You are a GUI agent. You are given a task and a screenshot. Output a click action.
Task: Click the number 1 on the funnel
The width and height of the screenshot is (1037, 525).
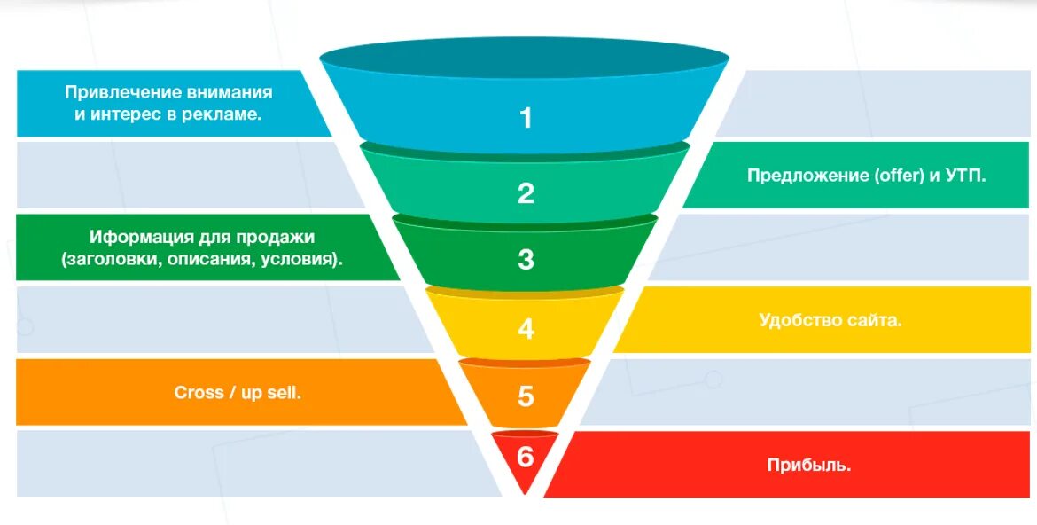[526, 118]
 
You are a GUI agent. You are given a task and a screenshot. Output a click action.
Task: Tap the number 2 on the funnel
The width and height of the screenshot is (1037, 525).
[526, 193]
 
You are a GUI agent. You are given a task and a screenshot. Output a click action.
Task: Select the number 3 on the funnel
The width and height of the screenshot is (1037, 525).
[526, 260]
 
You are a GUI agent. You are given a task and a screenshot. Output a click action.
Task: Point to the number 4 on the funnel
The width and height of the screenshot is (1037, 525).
[526, 329]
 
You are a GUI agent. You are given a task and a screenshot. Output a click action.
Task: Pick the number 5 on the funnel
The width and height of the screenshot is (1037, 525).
[526, 396]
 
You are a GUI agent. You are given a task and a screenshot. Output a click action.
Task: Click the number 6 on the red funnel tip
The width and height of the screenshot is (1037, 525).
[526, 457]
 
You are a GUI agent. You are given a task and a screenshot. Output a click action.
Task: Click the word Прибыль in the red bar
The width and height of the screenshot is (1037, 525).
[807, 465]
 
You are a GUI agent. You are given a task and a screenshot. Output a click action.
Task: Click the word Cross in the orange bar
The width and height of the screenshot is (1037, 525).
[199, 393]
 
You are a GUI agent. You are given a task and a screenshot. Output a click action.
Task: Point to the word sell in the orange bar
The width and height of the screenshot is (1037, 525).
[284, 393]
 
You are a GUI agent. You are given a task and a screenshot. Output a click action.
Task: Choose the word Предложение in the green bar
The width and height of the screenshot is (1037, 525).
[807, 176]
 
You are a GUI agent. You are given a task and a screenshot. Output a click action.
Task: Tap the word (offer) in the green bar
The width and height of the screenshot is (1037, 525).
[900, 176]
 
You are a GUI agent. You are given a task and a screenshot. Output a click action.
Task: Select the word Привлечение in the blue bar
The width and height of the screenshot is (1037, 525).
[123, 93]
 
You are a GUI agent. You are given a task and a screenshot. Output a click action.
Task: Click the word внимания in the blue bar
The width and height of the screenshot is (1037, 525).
[230, 93]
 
